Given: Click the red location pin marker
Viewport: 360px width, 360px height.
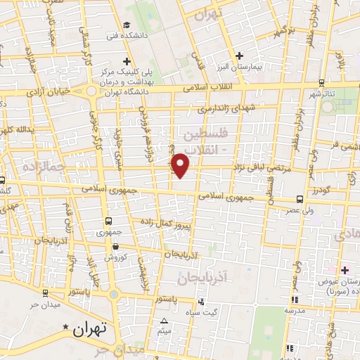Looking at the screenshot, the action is (x=181, y=165).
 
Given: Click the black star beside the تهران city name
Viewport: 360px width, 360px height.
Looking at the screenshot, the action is (x=67, y=327).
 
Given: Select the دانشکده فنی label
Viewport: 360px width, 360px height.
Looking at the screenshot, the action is (x=122, y=35).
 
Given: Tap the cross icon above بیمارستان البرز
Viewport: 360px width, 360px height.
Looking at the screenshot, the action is (x=239, y=55).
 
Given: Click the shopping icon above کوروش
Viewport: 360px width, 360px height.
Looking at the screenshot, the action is (x=115, y=246).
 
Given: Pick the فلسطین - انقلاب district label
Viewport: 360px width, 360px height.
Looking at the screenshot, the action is (x=205, y=140).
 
